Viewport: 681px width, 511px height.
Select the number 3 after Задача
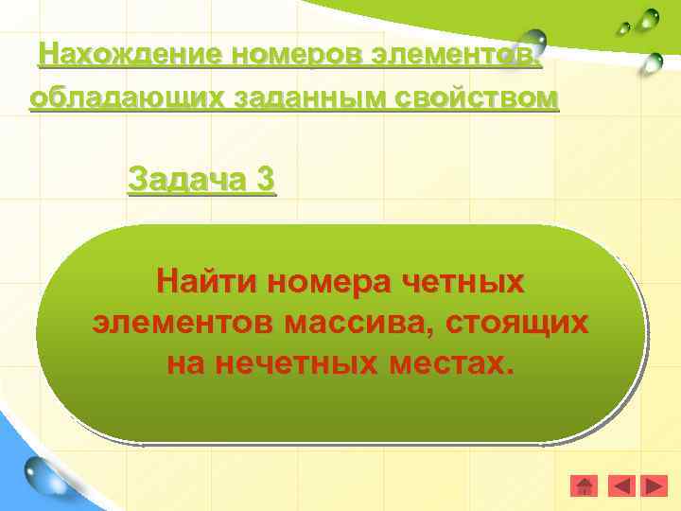click(265, 178)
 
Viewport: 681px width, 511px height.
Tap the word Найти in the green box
click(207, 282)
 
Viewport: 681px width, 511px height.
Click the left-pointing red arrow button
click(620, 486)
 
